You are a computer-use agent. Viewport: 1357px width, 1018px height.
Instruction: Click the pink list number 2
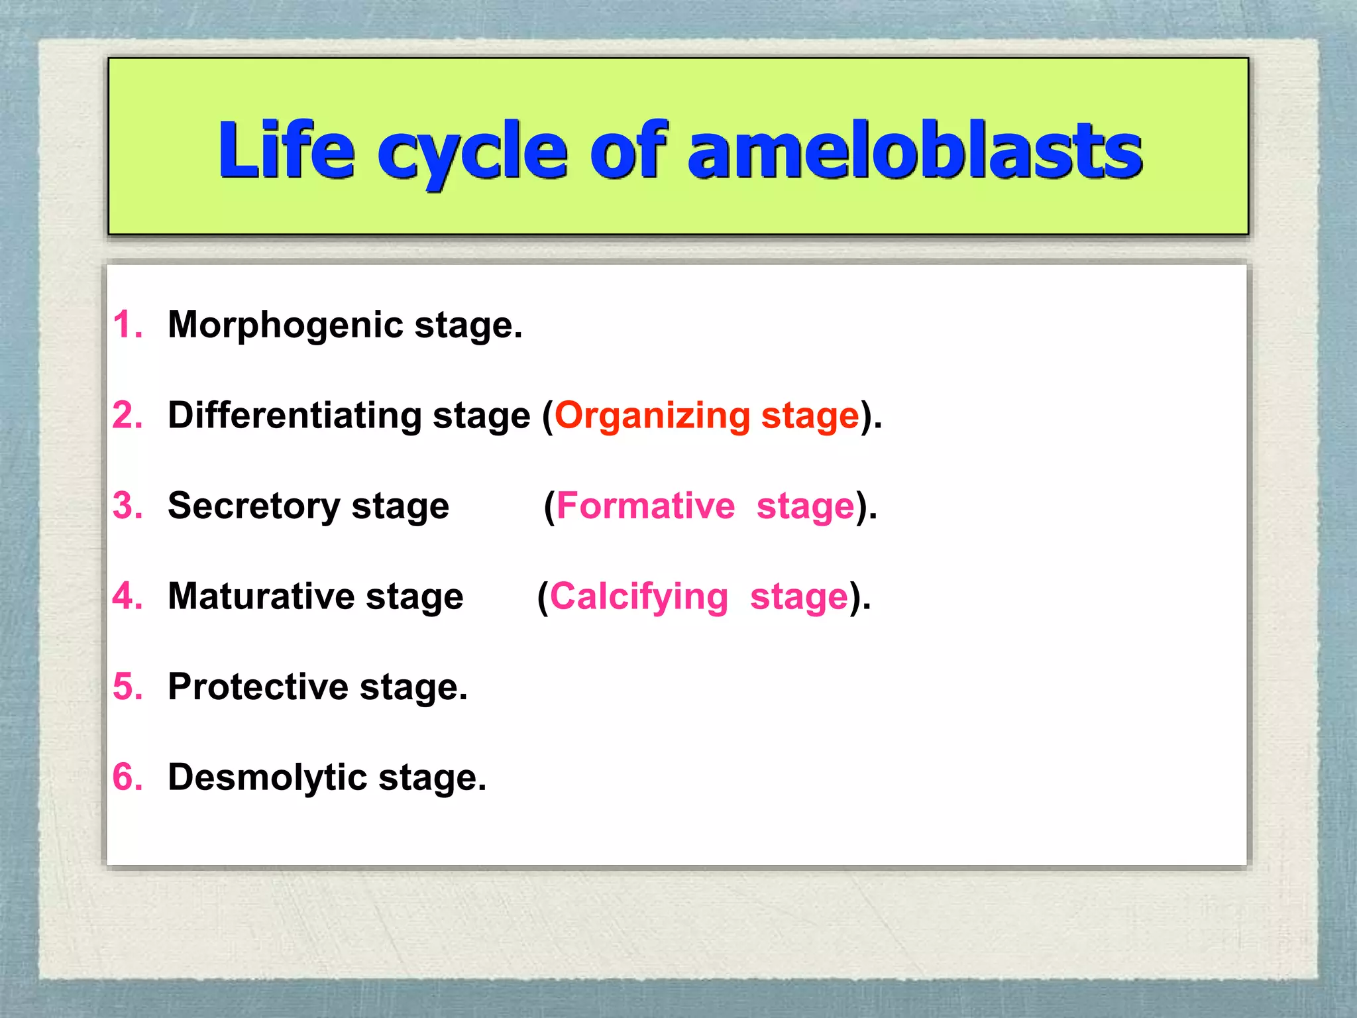[x=127, y=416]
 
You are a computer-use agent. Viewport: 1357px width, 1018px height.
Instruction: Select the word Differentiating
[x=294, y=416]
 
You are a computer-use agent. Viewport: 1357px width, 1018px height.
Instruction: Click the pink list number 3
[x=127, y=506]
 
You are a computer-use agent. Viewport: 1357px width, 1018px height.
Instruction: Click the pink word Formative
[x=645, y=506]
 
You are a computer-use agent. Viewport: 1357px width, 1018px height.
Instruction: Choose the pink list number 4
[x=127, y=596]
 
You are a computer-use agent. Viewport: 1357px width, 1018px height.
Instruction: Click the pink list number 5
[x=127, y=687]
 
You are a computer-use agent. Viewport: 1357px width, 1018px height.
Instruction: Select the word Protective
[x=258, y=687]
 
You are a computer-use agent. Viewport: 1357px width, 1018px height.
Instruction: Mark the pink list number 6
[x=127, y=777]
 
